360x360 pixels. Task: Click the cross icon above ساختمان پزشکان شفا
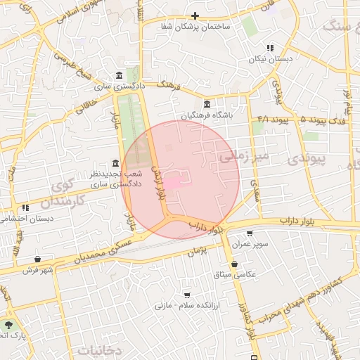pyautogui.click(x=195, y=15)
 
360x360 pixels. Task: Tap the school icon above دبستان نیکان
pyautogui.click(x=269, y=49)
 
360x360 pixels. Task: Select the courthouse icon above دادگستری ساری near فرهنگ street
pyautogui.click(x=118, y=76)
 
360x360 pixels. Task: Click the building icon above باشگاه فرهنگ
pyautogui.click(x=207, y=104)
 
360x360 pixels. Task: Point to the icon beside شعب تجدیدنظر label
pyautogui.click(x=116, y=163)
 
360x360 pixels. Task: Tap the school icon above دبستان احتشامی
pyautogui.click(x=25, y=207)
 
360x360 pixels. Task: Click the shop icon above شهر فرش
pyautogui.click(x=37, y=259)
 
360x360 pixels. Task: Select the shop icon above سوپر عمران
pyautogui.click(x=250, y=233)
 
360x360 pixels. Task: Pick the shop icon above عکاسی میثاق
pyautogui.click(x=233, y=264)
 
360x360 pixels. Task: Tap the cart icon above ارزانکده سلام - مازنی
pyautogui.click(x=187, y=295)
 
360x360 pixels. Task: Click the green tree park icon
pyautogui.click(x=8, y=325)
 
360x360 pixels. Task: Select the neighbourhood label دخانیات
pyautogui.click(x=100, y=349)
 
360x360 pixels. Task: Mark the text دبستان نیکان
pyautogui.click(x=269, y=60)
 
